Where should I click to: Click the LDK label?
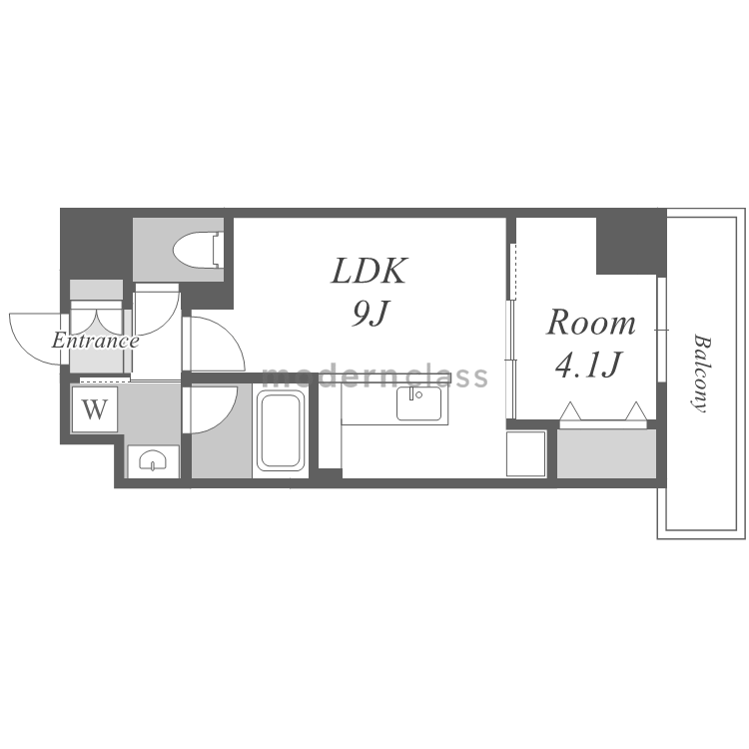(x=370, y=272)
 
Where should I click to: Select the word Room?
(x=591, y=323)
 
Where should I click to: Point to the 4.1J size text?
(x=588, y=364)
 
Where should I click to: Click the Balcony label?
(x=702, y=373)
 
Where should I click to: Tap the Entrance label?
(x=95, y=342)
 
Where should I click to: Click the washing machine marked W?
(x=95, y=409)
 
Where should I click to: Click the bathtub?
(x=281, y=430)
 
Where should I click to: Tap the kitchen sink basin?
(x=418, y=403)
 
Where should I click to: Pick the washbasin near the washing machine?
(x=153, y=460)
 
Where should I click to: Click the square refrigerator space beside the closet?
(x=526, y=453)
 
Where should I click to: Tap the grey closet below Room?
(x=606, y=453)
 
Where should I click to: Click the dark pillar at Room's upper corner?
(x=626, y=246)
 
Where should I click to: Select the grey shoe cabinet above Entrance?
(x=96, y=290)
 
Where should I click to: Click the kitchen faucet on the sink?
(x=411, y=393)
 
